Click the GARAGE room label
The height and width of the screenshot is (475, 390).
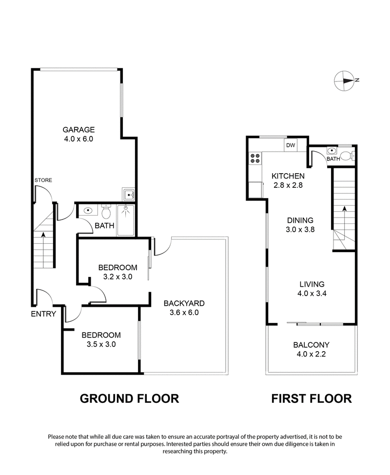pos(78,130)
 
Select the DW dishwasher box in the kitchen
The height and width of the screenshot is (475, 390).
pos(291,145)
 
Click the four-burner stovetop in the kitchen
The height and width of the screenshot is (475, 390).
pos(254,158)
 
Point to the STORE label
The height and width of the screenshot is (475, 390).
pos(43,180)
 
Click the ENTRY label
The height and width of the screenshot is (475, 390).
pos(44,314)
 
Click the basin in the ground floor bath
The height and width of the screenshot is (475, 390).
pos(88,211)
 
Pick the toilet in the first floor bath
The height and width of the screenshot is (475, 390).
pos(347,156)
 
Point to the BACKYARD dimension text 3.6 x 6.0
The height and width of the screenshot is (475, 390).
pos(184,313)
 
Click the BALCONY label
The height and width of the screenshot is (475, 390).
pos(312,344)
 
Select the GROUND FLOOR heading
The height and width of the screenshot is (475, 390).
pos(129,398)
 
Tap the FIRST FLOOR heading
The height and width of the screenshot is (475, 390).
pos(311,398)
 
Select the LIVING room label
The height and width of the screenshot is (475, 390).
pos(312,284)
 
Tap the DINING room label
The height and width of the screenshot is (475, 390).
pos(299,220)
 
